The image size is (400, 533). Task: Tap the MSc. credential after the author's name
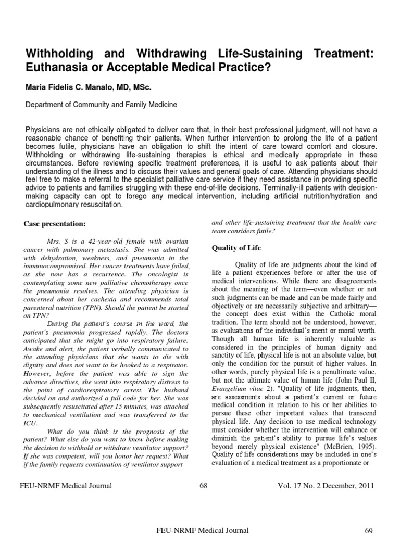[x=141, y=87]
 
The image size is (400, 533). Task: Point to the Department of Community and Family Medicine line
[x=102, y=105]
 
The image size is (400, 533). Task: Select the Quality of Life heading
[x=236, y=248]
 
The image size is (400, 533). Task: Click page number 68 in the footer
[x=203, y=486]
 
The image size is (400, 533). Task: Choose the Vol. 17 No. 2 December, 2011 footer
[x=327, y=486]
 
